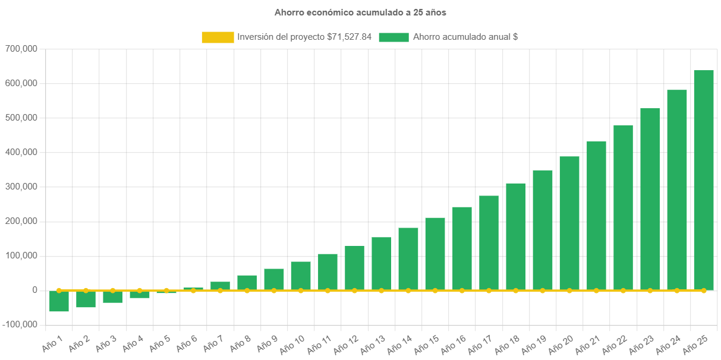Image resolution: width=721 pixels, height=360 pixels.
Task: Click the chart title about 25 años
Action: point(360,12)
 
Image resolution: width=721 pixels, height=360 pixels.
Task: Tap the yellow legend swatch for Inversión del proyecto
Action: point(218,37)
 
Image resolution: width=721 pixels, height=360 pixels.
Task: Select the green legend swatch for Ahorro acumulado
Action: point(393,37)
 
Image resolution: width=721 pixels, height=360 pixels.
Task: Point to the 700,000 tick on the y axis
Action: point(21,48)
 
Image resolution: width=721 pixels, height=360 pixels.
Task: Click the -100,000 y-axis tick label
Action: point(20,324)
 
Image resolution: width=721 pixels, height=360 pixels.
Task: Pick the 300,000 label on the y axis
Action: point(21,187)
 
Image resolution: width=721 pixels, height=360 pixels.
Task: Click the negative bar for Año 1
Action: point(59,301)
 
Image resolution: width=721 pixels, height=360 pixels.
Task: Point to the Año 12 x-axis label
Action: point(345,342)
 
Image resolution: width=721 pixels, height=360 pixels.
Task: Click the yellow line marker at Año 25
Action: point(704,290)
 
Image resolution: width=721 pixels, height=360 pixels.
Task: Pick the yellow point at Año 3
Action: point(112,290)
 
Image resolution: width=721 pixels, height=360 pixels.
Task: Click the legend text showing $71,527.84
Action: point(304,37)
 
